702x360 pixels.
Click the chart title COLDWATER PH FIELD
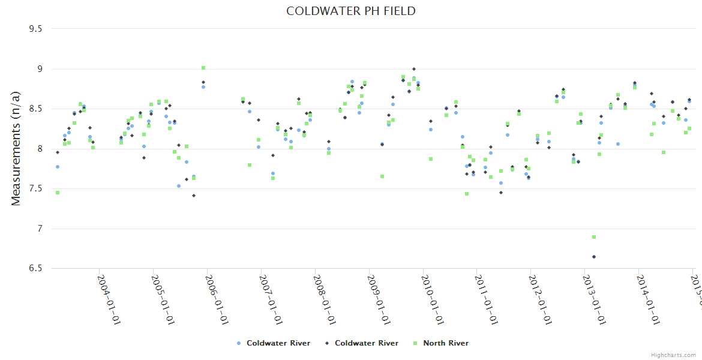[x=351, y=11]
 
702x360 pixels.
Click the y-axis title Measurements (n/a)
[x=16, y=148]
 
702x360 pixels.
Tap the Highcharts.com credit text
[x=674, y=355]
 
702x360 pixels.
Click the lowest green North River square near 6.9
[x=594, y=237]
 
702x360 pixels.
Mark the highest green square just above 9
[x=203, y=68]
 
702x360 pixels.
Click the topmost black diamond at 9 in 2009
[x=414, y=69]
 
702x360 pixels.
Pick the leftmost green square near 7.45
[x=58, y=193]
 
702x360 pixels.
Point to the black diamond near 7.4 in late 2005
[x=194, y=196]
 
